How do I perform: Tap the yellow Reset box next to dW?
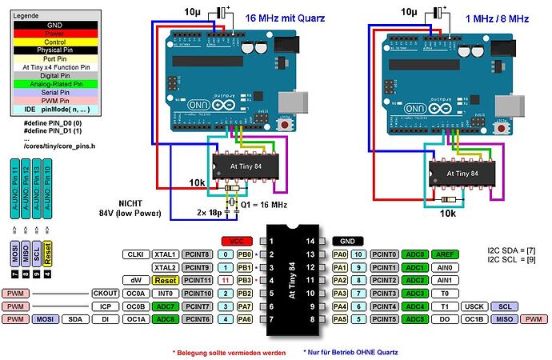[166, 281]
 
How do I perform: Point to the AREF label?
[444, 254]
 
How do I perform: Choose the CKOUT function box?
[106, 294]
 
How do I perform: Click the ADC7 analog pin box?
[166, 306]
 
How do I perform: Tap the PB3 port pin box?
[245, 281]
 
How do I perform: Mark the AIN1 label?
[444, 281]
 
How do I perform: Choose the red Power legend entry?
[55, 34]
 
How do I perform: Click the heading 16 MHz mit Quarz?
[278, 17]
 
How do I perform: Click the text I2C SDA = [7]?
[511, 250]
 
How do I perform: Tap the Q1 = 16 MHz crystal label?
[266, 205]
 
